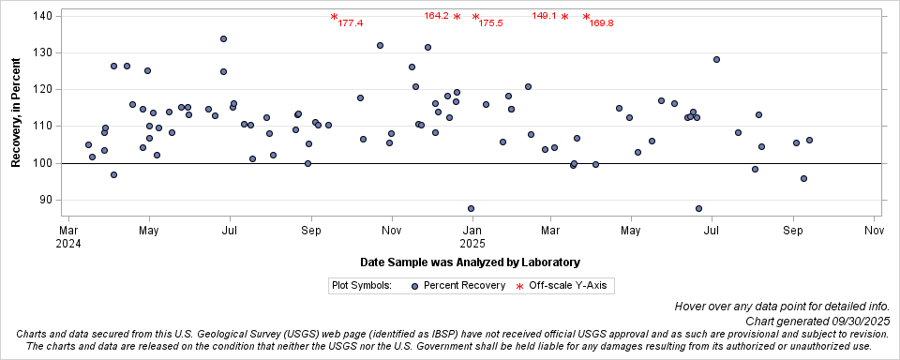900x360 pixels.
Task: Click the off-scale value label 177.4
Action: [x=351, y=23]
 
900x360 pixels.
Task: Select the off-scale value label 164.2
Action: [x=436, y=16]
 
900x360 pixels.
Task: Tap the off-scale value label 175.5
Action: [x=491, y=23]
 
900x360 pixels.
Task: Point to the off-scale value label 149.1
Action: [x=545, y=16]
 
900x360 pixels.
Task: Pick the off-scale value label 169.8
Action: [x=602, y=23]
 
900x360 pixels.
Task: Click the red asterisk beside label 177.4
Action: [x=334, y=17]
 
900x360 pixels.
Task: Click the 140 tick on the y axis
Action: [x=44, y=17]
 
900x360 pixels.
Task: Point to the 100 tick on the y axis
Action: [x=44, y=163]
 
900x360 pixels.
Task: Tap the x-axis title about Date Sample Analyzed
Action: [x=469, y=262]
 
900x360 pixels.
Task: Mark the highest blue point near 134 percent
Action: [x=223, y=39]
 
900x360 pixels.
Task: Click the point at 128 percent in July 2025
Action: [x=716, y=59]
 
